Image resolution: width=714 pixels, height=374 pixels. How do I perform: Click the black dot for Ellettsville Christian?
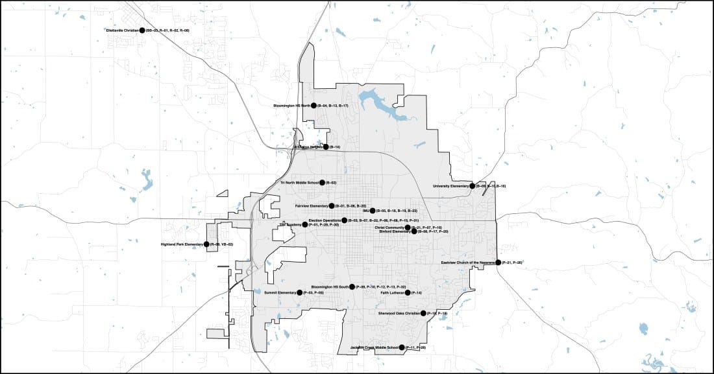(x=142, y=30)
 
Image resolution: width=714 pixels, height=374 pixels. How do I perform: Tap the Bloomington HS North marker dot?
(x=314, y=105)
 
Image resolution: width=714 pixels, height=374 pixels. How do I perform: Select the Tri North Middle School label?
(x=299, y=183)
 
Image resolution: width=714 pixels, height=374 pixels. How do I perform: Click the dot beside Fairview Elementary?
(x=331, y=206)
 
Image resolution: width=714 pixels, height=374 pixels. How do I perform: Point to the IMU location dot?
(x=373, y=211)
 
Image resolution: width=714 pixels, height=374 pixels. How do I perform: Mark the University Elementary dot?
(x=473, y=186)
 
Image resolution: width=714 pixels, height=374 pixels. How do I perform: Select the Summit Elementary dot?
(x=299, y=293)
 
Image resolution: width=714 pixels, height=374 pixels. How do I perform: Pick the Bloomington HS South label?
(x=330, y=286)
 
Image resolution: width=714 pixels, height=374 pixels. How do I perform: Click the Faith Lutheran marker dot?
(x=408, y=293)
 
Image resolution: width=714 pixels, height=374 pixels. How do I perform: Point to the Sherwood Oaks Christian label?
(x=399, y=313)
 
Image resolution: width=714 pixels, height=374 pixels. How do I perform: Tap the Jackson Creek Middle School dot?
(x=402, y=348)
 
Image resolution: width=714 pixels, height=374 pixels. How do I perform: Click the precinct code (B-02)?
(x=331, y=183)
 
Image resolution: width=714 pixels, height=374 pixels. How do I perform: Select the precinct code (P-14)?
(x=417, y=293)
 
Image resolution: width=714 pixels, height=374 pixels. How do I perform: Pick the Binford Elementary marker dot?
(x=414, y=231)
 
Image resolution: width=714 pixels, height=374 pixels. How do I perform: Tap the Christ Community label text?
(x=389, y=228)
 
